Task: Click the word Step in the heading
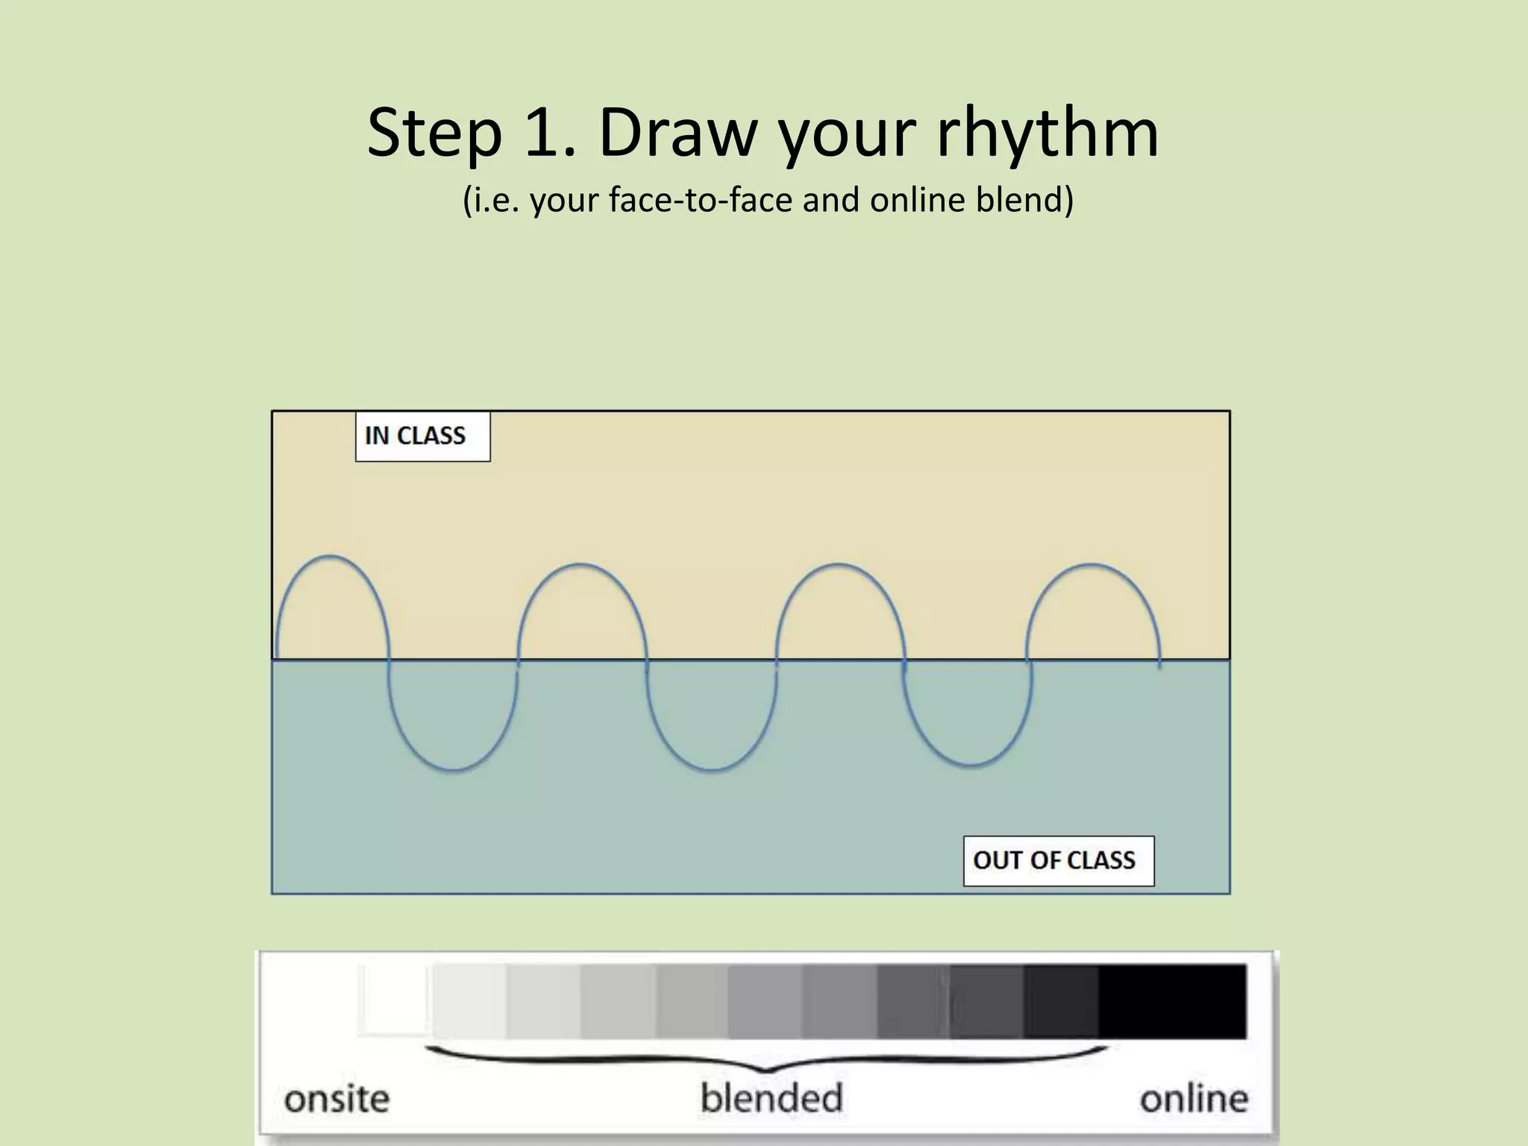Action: coord(433,134)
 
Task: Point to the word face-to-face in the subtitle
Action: coord(699,199)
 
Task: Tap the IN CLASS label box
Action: coord(422,436)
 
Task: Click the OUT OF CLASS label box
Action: coord(1058,861)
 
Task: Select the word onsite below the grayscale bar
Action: coord(337,1099)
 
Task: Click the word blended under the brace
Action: coord(771,1098)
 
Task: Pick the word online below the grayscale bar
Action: coord(1193,1099)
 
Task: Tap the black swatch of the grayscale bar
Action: coord(1172,1001)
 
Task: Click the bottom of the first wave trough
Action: coord(453,771)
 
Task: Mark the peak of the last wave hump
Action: coord(1092,564)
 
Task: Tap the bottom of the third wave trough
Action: coord(969,766)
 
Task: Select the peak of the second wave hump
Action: coord(582,564)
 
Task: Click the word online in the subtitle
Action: coord(918,199)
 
